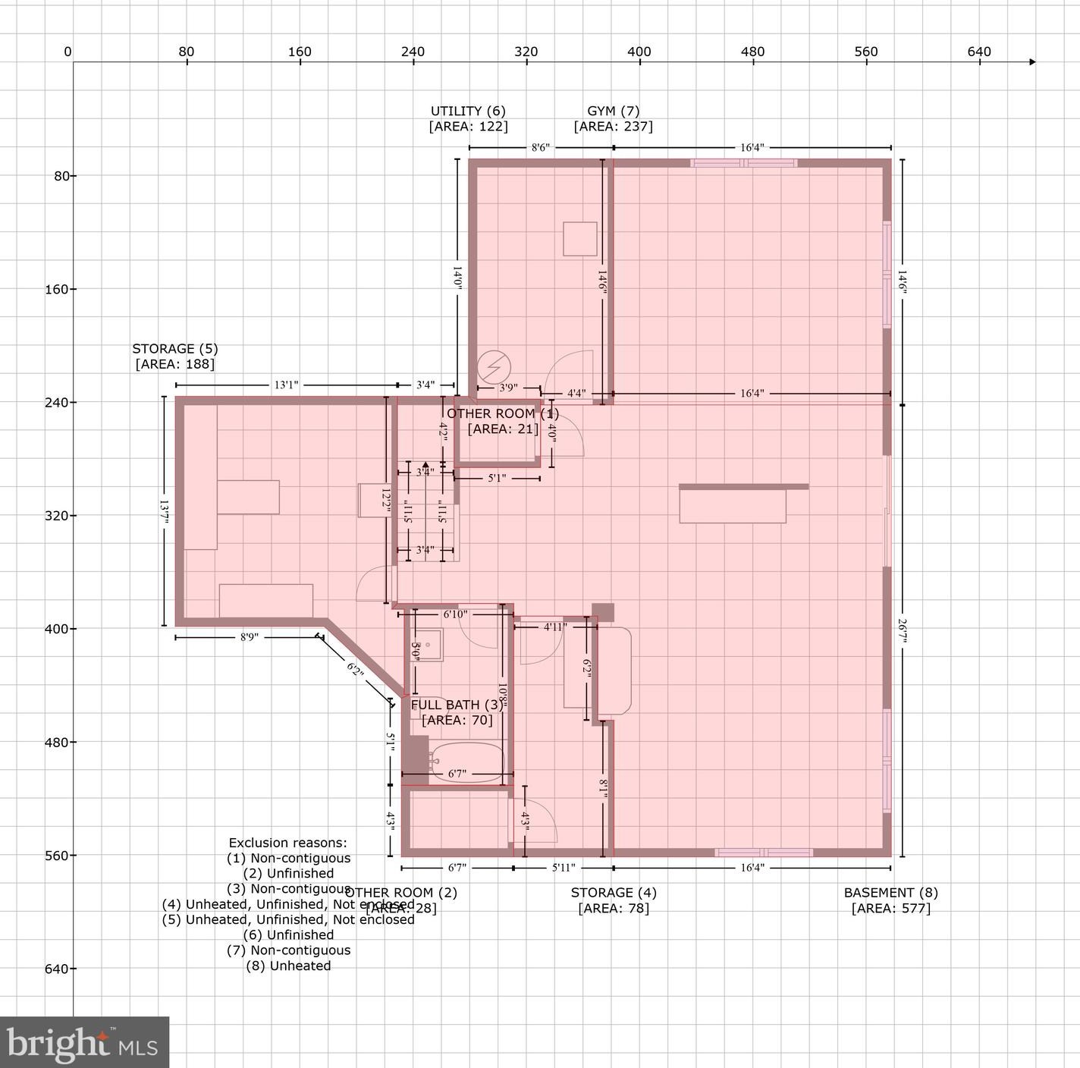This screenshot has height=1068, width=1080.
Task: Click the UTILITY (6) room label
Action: click(x=468, y=112)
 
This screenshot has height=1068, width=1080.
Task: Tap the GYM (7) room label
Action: click(x=613, y=112)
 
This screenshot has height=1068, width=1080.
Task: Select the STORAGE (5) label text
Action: click(x=174, y=349)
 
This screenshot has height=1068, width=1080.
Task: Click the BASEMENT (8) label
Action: click(x=890, y=893)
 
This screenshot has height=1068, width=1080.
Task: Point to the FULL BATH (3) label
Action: click(x=457, y=705)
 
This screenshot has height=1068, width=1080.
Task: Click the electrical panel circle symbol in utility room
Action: click(x=494, y=367)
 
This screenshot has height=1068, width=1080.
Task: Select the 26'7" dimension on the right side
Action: click(x=902, y=630)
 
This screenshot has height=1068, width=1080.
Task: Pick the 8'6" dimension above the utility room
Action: click(x=540, y=148)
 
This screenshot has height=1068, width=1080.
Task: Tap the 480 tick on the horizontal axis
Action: click(x=752, y=52)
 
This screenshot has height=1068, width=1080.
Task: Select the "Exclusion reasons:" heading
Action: click(x=288, y=843)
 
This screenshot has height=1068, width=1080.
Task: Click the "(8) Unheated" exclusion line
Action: click(x=288, y=966)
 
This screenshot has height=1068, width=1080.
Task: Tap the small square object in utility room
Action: click(x=579, y=239)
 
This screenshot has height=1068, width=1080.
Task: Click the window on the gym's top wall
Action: click(x=743, y=163)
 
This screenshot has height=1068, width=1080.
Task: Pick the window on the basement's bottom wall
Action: click(x=764, y=853)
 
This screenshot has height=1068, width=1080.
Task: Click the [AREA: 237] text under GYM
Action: click(x=613, y=127)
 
